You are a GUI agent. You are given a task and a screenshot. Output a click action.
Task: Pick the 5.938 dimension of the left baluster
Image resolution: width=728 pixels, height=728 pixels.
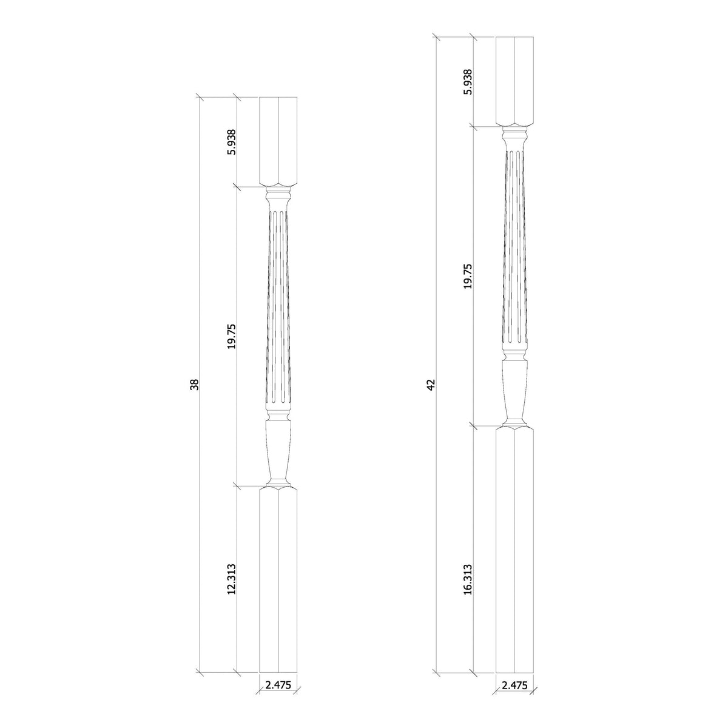pos(231,141)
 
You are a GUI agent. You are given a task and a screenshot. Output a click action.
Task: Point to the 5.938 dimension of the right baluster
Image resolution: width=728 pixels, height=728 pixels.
pos(468,82)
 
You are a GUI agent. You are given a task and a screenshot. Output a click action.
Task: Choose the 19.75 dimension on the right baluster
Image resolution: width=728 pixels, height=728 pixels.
pos(468,276)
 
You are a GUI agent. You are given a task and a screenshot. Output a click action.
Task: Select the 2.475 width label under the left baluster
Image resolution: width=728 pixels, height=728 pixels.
pos(278,686)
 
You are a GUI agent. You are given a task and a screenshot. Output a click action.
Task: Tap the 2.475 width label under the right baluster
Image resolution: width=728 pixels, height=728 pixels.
pos(515,686)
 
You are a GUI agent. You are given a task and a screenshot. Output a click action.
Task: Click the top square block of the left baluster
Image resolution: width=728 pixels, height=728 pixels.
pos(278,141)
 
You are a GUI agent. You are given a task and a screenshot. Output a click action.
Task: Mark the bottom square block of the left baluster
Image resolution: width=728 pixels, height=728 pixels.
pos(278,582)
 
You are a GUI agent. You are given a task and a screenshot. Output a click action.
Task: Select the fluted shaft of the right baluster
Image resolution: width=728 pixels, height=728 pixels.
pos(515,249)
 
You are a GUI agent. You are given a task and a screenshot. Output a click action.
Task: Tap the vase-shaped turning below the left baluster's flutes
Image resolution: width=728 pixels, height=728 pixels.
pos(278,449)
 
